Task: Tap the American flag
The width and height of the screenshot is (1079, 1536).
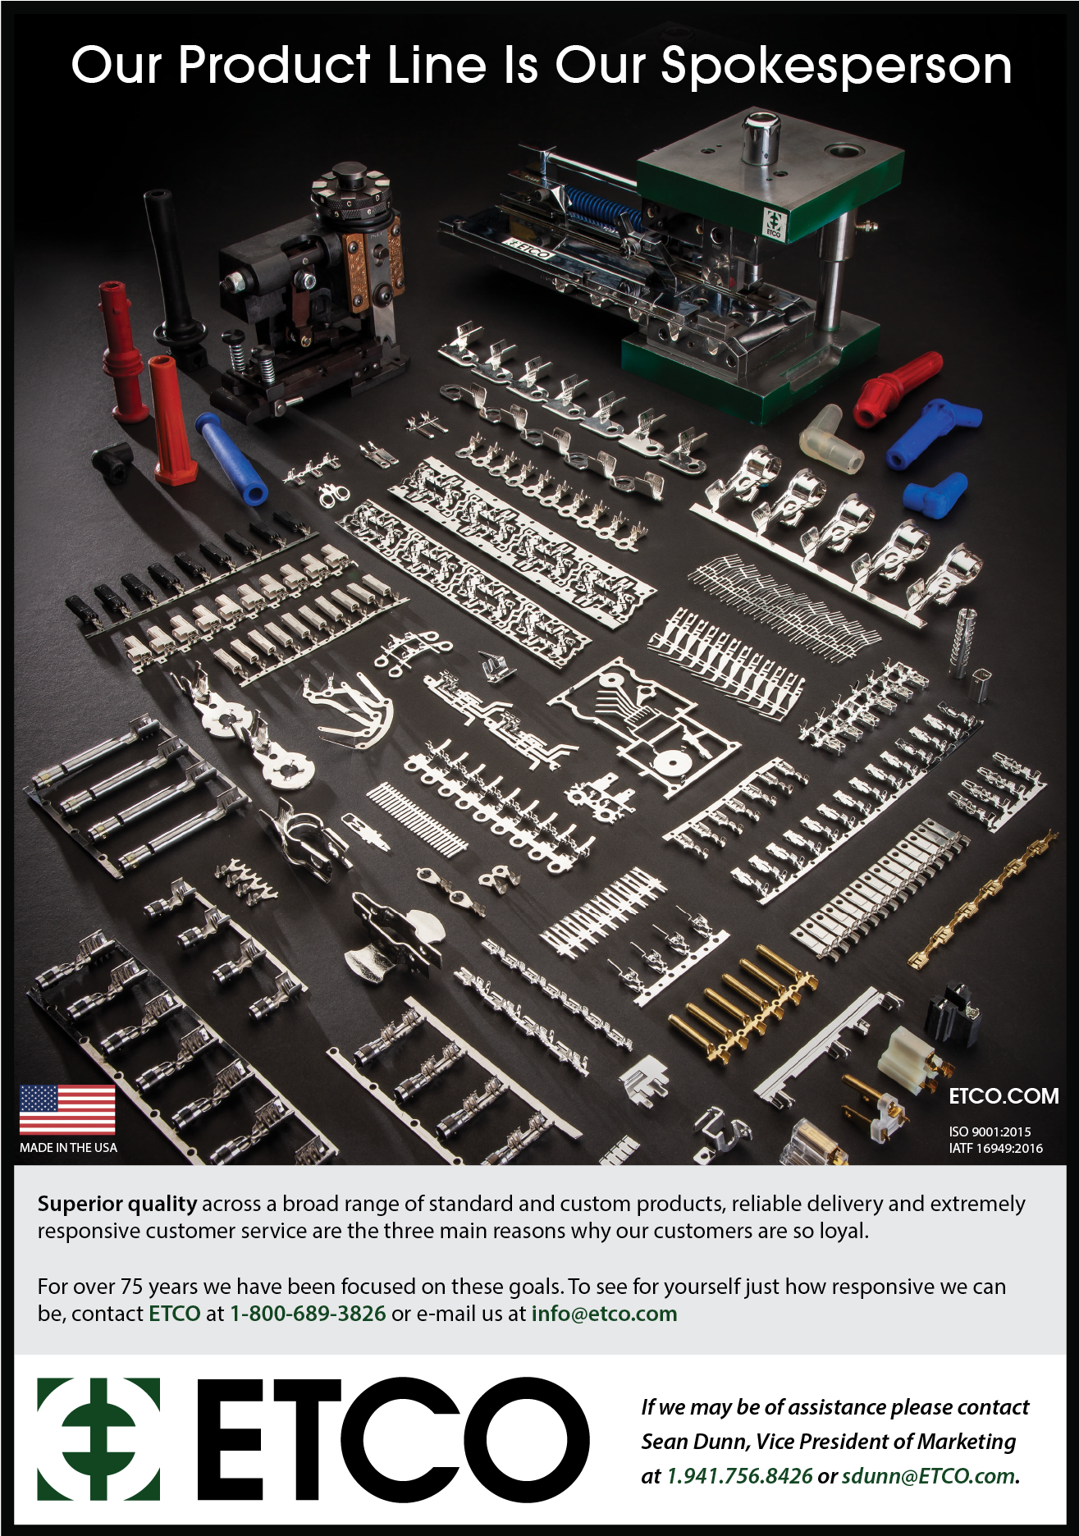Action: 67,1110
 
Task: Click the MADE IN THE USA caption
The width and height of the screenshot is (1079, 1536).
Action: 68,1148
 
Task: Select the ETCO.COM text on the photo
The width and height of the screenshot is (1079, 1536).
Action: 1004,1096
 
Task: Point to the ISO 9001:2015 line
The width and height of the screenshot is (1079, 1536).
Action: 990,1131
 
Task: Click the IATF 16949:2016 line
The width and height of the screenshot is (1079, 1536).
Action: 995,1148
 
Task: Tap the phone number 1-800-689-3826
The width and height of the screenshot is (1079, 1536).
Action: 308,1314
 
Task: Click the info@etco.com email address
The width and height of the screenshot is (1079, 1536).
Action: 604,1314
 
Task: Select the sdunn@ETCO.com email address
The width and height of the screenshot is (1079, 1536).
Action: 928,1476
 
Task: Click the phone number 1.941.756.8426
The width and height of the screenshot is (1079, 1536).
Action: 739,1476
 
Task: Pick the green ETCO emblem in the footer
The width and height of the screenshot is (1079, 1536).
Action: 98,1439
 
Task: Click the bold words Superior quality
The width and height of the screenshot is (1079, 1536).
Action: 117,1205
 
